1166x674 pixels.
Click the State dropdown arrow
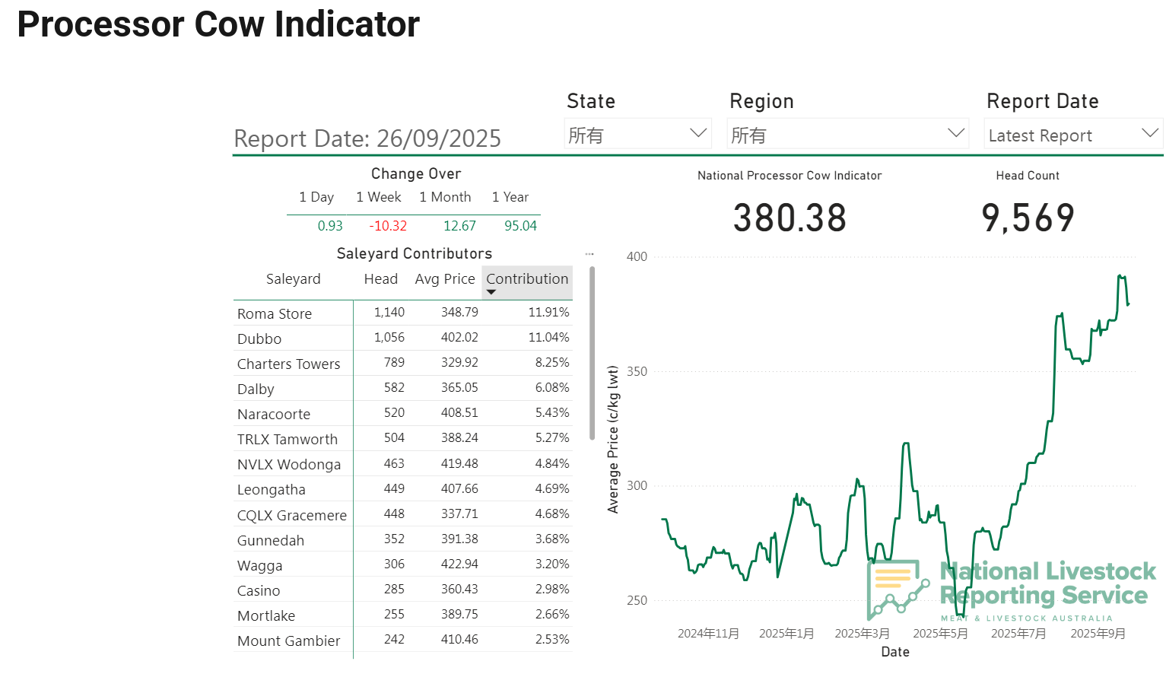pos(697,133)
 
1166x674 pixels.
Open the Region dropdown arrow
pos(955,133)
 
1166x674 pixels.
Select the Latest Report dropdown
pos(1072,135)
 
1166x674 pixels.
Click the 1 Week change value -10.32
pos(388,226)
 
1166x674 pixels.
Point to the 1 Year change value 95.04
pos(520,226)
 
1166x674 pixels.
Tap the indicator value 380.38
pos(790,218)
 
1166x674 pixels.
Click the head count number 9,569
pos(1028,218)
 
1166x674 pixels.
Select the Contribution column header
pos(527,279)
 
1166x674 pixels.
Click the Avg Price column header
pos(445,279)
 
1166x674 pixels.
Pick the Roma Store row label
pos(275,313)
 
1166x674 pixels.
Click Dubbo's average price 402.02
pos(459,337)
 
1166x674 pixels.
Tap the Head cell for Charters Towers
pos(394,362)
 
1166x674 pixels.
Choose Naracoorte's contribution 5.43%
pos(552,412)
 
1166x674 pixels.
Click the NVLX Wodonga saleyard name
pos(289,464)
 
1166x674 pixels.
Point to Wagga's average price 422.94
pos(459,564)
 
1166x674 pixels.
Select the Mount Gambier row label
pos(289,641)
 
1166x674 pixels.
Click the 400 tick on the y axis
pos(637,256)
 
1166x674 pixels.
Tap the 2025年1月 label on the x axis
pos(786,634)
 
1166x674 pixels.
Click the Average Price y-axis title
pos(613,440)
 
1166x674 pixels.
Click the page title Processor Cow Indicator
pos(218,24)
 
